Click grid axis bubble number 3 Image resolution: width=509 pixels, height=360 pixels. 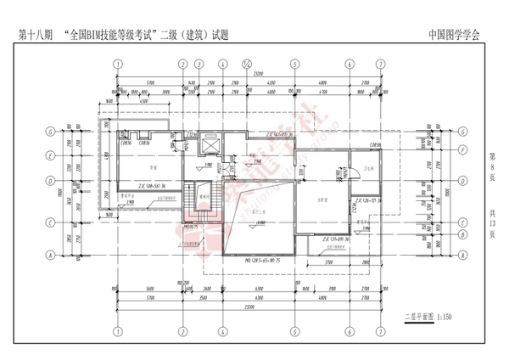(199, 63)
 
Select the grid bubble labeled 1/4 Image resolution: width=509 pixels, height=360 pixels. (246, 63)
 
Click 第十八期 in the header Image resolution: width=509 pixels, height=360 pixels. (36, 36)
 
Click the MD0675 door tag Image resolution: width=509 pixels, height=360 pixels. (191, 228)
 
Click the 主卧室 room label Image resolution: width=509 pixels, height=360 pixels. (322, 201)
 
